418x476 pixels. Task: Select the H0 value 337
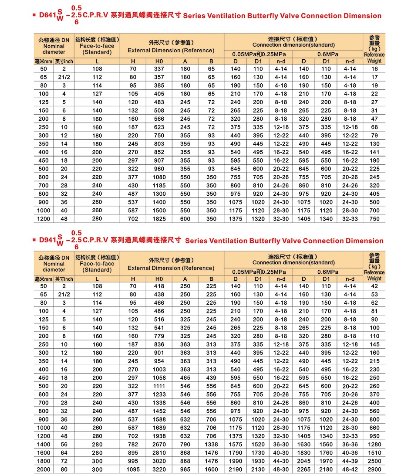tap(159, 69)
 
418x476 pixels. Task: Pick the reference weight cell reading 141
tap(374, 152)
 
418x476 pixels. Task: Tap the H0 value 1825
tap(159, 219)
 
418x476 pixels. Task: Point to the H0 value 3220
tap(159, 469)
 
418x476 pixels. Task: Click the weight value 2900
tap(374, 469)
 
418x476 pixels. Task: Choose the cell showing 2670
tap(159, 445)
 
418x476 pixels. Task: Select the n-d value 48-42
tap(350, 469)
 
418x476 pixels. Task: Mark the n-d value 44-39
tap(350, 461)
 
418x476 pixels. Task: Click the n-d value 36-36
tap(350, 445)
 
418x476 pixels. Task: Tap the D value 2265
tap(304, 469)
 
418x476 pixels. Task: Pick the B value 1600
tap(211, 469)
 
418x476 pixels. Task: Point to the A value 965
tap(185, 469)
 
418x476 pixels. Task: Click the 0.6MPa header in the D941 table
tap(327, 272)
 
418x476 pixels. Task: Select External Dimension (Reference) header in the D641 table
tap(171, 50)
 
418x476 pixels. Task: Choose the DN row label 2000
tap(44, 469)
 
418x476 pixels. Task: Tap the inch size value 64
tap(64, 453)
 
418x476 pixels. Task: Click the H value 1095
tap(133, 469)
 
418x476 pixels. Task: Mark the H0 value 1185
tap(159, 186)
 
